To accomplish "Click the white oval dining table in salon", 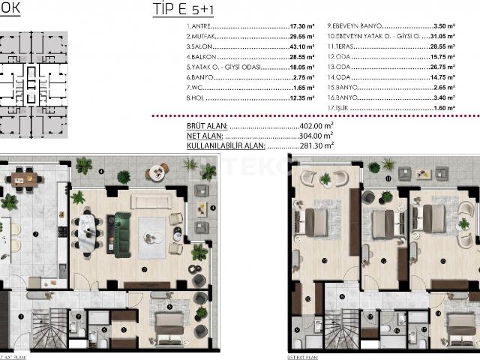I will pyautogui.click(x=90, y=233).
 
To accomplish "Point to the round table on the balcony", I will pyautogui.click(x=156, y=172).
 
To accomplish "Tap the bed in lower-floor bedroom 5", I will pyautogui.click(x=169, y=324).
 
